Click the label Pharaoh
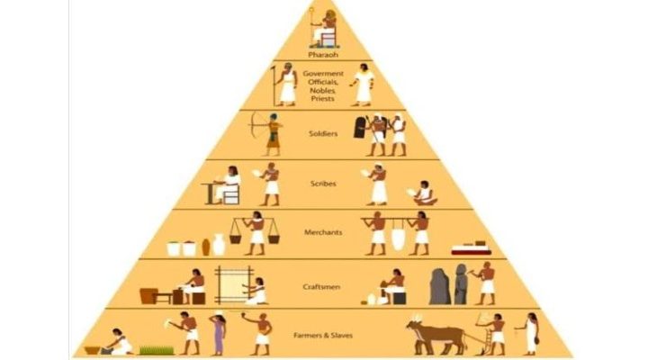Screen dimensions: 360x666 (324, 54)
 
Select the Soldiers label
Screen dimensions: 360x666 (324, 134)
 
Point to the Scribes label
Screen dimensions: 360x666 (324, 183)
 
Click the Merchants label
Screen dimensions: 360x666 (324, 232)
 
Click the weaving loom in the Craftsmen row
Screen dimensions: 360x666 (230, 283)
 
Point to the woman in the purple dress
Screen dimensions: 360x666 (218, 332)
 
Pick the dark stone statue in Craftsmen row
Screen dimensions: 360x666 (440, 285)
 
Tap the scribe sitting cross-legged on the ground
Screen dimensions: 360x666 (421, 193)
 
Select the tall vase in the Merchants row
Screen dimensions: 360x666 (219, 244)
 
